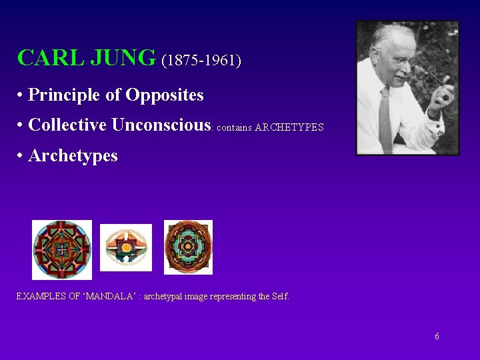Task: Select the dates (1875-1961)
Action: [x=201, y=60]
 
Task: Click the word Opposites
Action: [x=165, y=95]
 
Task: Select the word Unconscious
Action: [x=161, y=125]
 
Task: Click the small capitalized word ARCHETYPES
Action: [x=289, y=127]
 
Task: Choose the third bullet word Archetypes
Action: [x=73, y=156]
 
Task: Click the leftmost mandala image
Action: [x=62, y=249]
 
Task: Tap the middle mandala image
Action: [x=126, y=247]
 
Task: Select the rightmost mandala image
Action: [x=188, y=247]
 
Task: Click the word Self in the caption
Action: [x=280, y=297]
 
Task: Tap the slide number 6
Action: [x=437, y=337]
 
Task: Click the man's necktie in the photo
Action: [x=385, y=120]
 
